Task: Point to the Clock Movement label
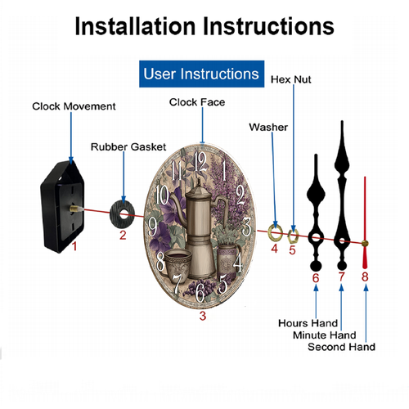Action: [74, 106]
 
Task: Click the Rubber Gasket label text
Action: [128, 147]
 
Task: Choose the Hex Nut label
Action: [290, 79]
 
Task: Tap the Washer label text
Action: [268, 128]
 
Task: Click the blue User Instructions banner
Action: [201, 74]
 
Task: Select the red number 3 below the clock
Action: [203, 316]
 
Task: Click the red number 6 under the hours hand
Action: [316, 278]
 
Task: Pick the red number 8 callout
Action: [365, 277]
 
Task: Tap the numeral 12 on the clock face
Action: [200, 161]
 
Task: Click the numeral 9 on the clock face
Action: [152, 227]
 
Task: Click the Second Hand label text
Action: [341, 347]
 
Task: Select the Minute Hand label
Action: [325, 335]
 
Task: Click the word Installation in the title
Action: [135, 26]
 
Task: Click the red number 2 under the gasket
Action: [123, 236]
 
